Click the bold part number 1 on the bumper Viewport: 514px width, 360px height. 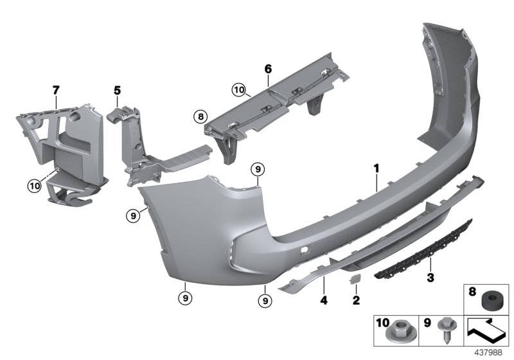(x=377, y=168)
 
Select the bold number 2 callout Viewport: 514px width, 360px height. (x=356, y=300)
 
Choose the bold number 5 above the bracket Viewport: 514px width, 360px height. (x=118, y=91)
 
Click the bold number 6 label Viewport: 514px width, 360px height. (x=268, y=67)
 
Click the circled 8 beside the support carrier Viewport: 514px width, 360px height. (x=201, y=117)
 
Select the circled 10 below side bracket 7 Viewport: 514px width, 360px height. (x=33, y=186)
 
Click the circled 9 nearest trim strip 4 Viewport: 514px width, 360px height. (x=264, y=300)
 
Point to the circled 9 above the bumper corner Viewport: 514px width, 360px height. (x=257, y=170)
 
